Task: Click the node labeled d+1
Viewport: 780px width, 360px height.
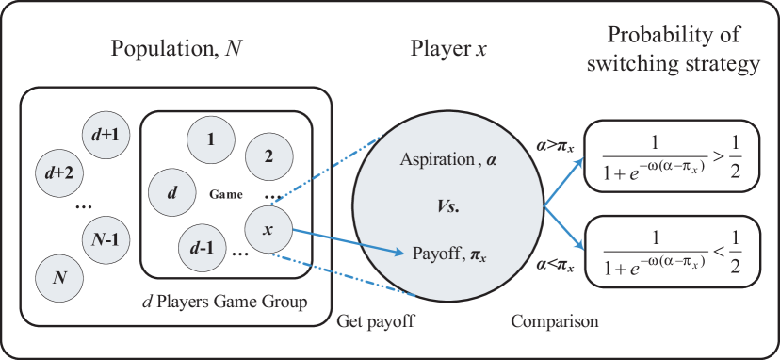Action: click(106, 135)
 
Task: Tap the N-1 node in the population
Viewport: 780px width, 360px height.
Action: click(106, 240)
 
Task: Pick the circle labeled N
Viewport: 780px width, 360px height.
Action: click(58, 277)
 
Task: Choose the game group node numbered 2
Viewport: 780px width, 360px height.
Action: click(269, 157)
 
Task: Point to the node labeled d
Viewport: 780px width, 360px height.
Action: click(172, 192)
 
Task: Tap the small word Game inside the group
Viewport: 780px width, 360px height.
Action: click(226, 194)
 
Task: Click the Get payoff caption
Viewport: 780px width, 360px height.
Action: click(376, 322)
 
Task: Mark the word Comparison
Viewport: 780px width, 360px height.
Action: click(555, 322)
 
